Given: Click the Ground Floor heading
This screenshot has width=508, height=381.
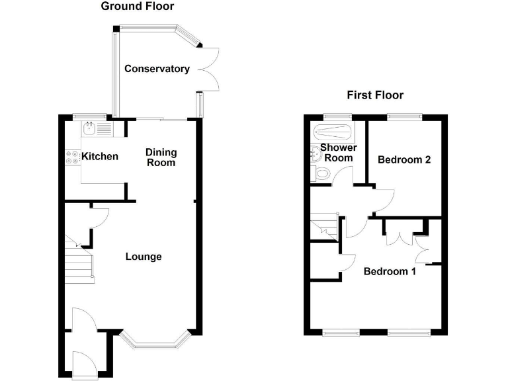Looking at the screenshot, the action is tap(138, 6).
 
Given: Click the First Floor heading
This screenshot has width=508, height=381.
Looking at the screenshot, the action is tap(375, 95).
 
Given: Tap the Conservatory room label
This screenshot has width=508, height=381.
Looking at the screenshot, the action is tap(157, 69).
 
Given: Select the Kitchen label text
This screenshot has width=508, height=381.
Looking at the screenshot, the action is tap(100, 157).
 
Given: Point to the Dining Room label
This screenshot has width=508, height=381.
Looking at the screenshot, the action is tap(161, 157).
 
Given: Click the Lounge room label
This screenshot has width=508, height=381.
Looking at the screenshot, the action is tap(144, 257).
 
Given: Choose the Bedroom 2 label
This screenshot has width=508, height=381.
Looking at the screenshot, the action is tap(404, 159).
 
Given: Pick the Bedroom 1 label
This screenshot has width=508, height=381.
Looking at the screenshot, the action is tap(390, 271).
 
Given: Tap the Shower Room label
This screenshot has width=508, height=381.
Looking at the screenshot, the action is tap(339, 153).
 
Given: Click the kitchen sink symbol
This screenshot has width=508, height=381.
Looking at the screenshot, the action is tap(89, 128).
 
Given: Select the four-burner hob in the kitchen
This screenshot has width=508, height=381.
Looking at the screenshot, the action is tap(73, 157).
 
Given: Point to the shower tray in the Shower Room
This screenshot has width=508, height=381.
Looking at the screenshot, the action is tap(333, 132).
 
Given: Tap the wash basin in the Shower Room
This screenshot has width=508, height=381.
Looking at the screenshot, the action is tap(316, 154).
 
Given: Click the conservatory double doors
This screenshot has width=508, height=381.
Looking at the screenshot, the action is tap(208, 69).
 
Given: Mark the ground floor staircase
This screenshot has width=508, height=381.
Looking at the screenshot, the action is tap(79, 259).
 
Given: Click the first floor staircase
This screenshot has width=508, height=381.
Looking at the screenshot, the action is tap(324, 226).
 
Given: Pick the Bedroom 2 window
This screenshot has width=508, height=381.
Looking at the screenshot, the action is tap(405, 116).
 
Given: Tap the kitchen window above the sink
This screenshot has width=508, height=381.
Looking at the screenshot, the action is tap(90, 116).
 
